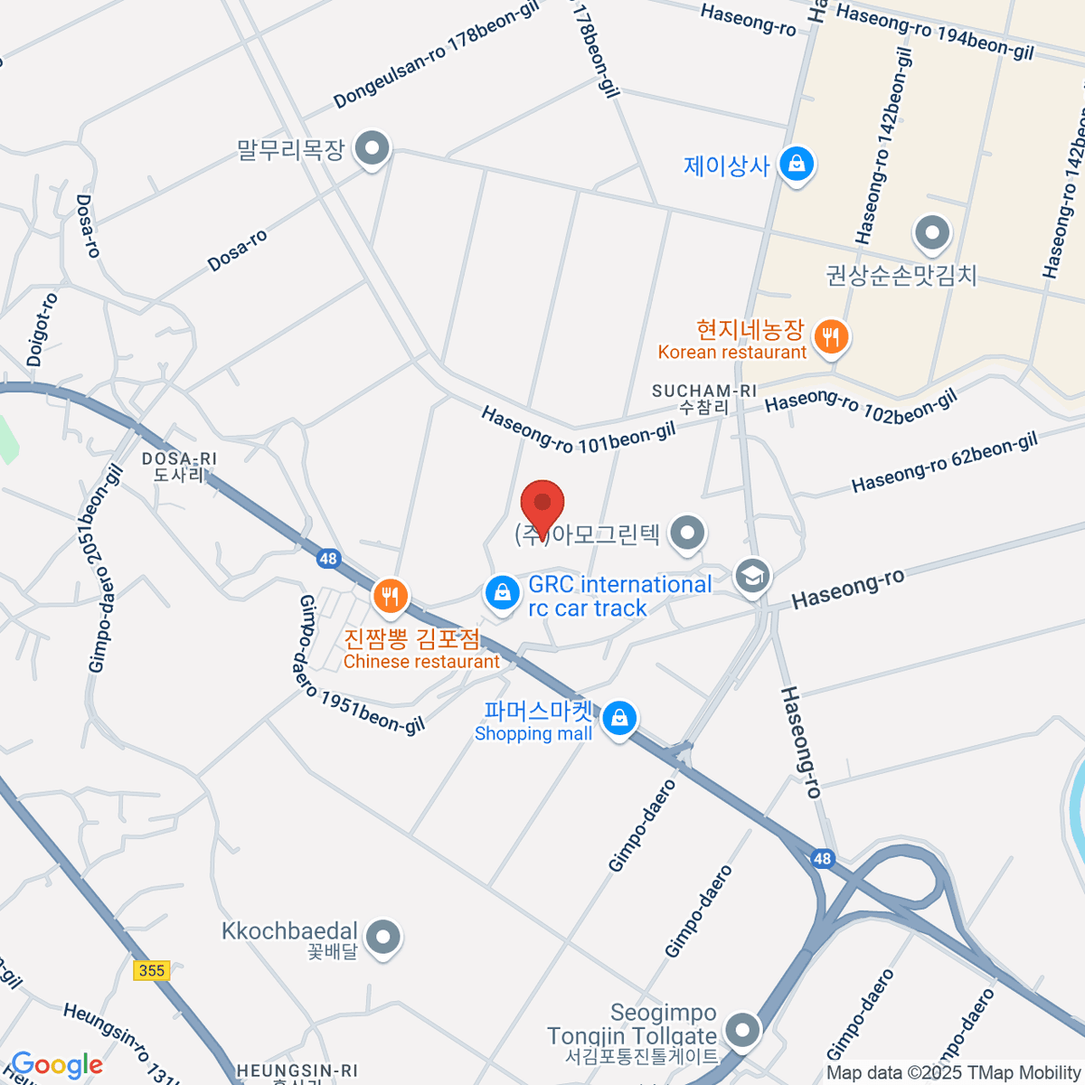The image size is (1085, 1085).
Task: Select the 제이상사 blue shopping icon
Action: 797,165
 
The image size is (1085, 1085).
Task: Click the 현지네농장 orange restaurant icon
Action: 830,338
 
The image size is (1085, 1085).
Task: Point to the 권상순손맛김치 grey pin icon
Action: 932,233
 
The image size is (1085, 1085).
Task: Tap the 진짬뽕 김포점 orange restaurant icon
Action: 391,596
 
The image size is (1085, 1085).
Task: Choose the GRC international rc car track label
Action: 619,597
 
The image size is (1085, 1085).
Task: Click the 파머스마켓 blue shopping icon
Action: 619,719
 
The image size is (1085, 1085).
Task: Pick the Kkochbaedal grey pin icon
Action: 384,937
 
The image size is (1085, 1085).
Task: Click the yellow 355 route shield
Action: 151,970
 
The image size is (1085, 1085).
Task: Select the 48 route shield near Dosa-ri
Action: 327,558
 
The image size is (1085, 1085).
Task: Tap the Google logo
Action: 56,1065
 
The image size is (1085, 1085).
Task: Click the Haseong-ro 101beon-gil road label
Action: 578,430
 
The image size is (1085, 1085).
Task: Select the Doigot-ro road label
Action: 42,329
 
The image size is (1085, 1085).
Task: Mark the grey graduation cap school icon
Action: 752,575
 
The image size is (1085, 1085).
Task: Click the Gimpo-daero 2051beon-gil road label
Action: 106,570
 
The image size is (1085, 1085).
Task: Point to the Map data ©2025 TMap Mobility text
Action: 953,1073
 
